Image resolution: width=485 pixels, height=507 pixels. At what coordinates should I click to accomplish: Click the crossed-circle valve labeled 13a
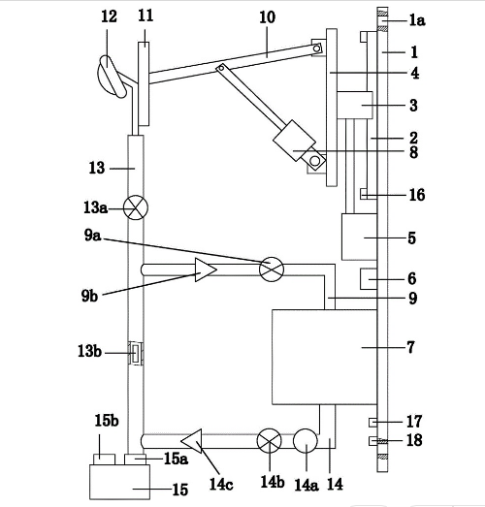coord(136,207)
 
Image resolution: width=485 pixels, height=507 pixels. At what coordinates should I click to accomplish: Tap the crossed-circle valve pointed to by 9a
coord(272,269)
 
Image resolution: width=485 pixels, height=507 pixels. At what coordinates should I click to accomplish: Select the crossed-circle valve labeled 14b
coord(270,441)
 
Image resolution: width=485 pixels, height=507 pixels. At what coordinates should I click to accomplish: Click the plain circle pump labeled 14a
coord(306,441)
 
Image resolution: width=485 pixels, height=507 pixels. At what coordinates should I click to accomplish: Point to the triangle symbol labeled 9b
coord(205,269)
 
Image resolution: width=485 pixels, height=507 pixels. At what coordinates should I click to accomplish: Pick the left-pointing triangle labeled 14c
coord(191,441)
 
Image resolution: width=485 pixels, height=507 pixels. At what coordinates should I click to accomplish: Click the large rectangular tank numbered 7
coord(325,357)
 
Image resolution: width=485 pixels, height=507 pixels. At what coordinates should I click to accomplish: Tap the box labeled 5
coord(360,237)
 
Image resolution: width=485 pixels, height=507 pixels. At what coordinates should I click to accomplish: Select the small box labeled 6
coord(369,279)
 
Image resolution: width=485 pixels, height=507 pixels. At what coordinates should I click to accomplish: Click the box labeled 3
coord(355,105)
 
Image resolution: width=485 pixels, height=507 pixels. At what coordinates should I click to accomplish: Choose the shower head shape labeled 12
coord(111,77)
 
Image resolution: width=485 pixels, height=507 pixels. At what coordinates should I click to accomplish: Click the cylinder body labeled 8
coord(294,141)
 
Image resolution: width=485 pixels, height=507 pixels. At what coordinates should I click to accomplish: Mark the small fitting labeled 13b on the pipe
coord(136,353)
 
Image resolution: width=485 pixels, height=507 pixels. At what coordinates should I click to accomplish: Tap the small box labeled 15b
coord(104,459)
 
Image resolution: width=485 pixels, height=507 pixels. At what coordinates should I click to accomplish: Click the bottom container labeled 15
coord(119,482)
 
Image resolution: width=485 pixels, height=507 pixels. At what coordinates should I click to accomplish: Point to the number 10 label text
coord(268,17)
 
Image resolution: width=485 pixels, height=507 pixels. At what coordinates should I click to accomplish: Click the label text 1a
coord(417,20)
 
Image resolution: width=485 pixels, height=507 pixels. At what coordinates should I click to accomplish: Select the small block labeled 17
coord(373,423)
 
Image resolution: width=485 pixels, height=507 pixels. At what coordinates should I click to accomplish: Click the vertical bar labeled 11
coord(144,83)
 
